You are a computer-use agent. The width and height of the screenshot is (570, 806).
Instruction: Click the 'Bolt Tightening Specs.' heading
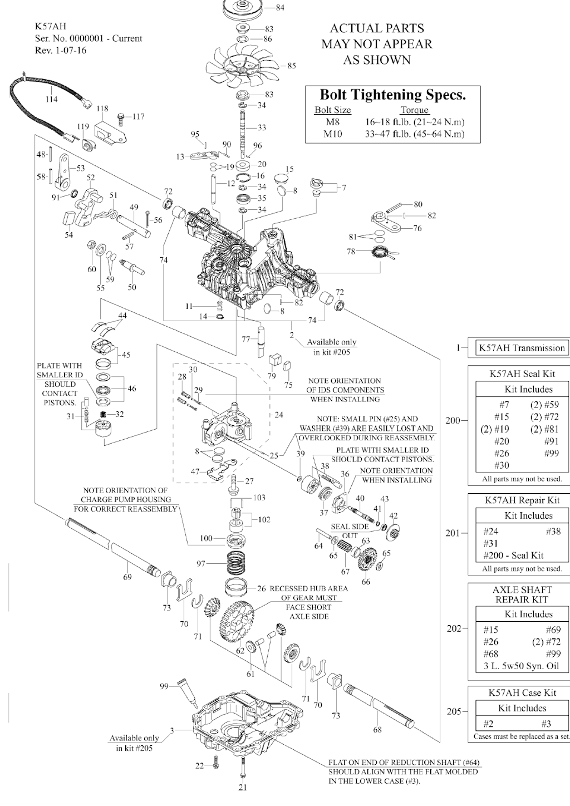click(392, 94)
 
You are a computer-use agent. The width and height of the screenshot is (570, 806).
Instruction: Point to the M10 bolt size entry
click(332, 134)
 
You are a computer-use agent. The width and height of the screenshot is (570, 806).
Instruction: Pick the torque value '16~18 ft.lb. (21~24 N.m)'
click(415, 122)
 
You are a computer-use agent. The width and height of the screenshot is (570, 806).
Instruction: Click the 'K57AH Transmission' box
click(522, 348)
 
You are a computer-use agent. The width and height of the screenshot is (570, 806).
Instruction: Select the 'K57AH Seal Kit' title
click(522, 373)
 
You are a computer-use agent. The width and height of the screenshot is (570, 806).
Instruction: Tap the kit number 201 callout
click(454, 533)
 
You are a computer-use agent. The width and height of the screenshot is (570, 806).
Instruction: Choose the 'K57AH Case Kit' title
click(522, 693)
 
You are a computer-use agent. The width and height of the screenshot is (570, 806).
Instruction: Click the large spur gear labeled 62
click(239, 618)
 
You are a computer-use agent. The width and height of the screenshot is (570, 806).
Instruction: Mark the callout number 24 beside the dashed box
click(279, 415)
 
